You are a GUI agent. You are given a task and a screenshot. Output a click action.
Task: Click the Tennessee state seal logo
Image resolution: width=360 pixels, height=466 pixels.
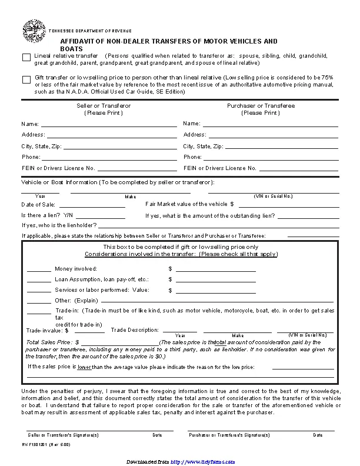click(34, 31)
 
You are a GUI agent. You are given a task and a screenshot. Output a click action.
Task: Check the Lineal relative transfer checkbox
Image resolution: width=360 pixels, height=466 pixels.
click(26, 57)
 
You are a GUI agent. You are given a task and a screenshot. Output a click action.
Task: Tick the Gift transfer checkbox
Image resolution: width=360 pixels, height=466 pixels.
click(26, 79)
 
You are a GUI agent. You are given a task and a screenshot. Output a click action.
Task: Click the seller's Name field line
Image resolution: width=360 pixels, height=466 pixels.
click(108, 125)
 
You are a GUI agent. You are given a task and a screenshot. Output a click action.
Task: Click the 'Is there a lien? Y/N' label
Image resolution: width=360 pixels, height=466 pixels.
click(46, 215)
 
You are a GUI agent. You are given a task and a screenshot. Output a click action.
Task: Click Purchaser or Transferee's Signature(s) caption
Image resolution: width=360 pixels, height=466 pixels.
click(229, 435)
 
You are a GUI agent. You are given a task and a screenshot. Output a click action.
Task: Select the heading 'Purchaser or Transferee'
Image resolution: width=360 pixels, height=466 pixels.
click(261, 106)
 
